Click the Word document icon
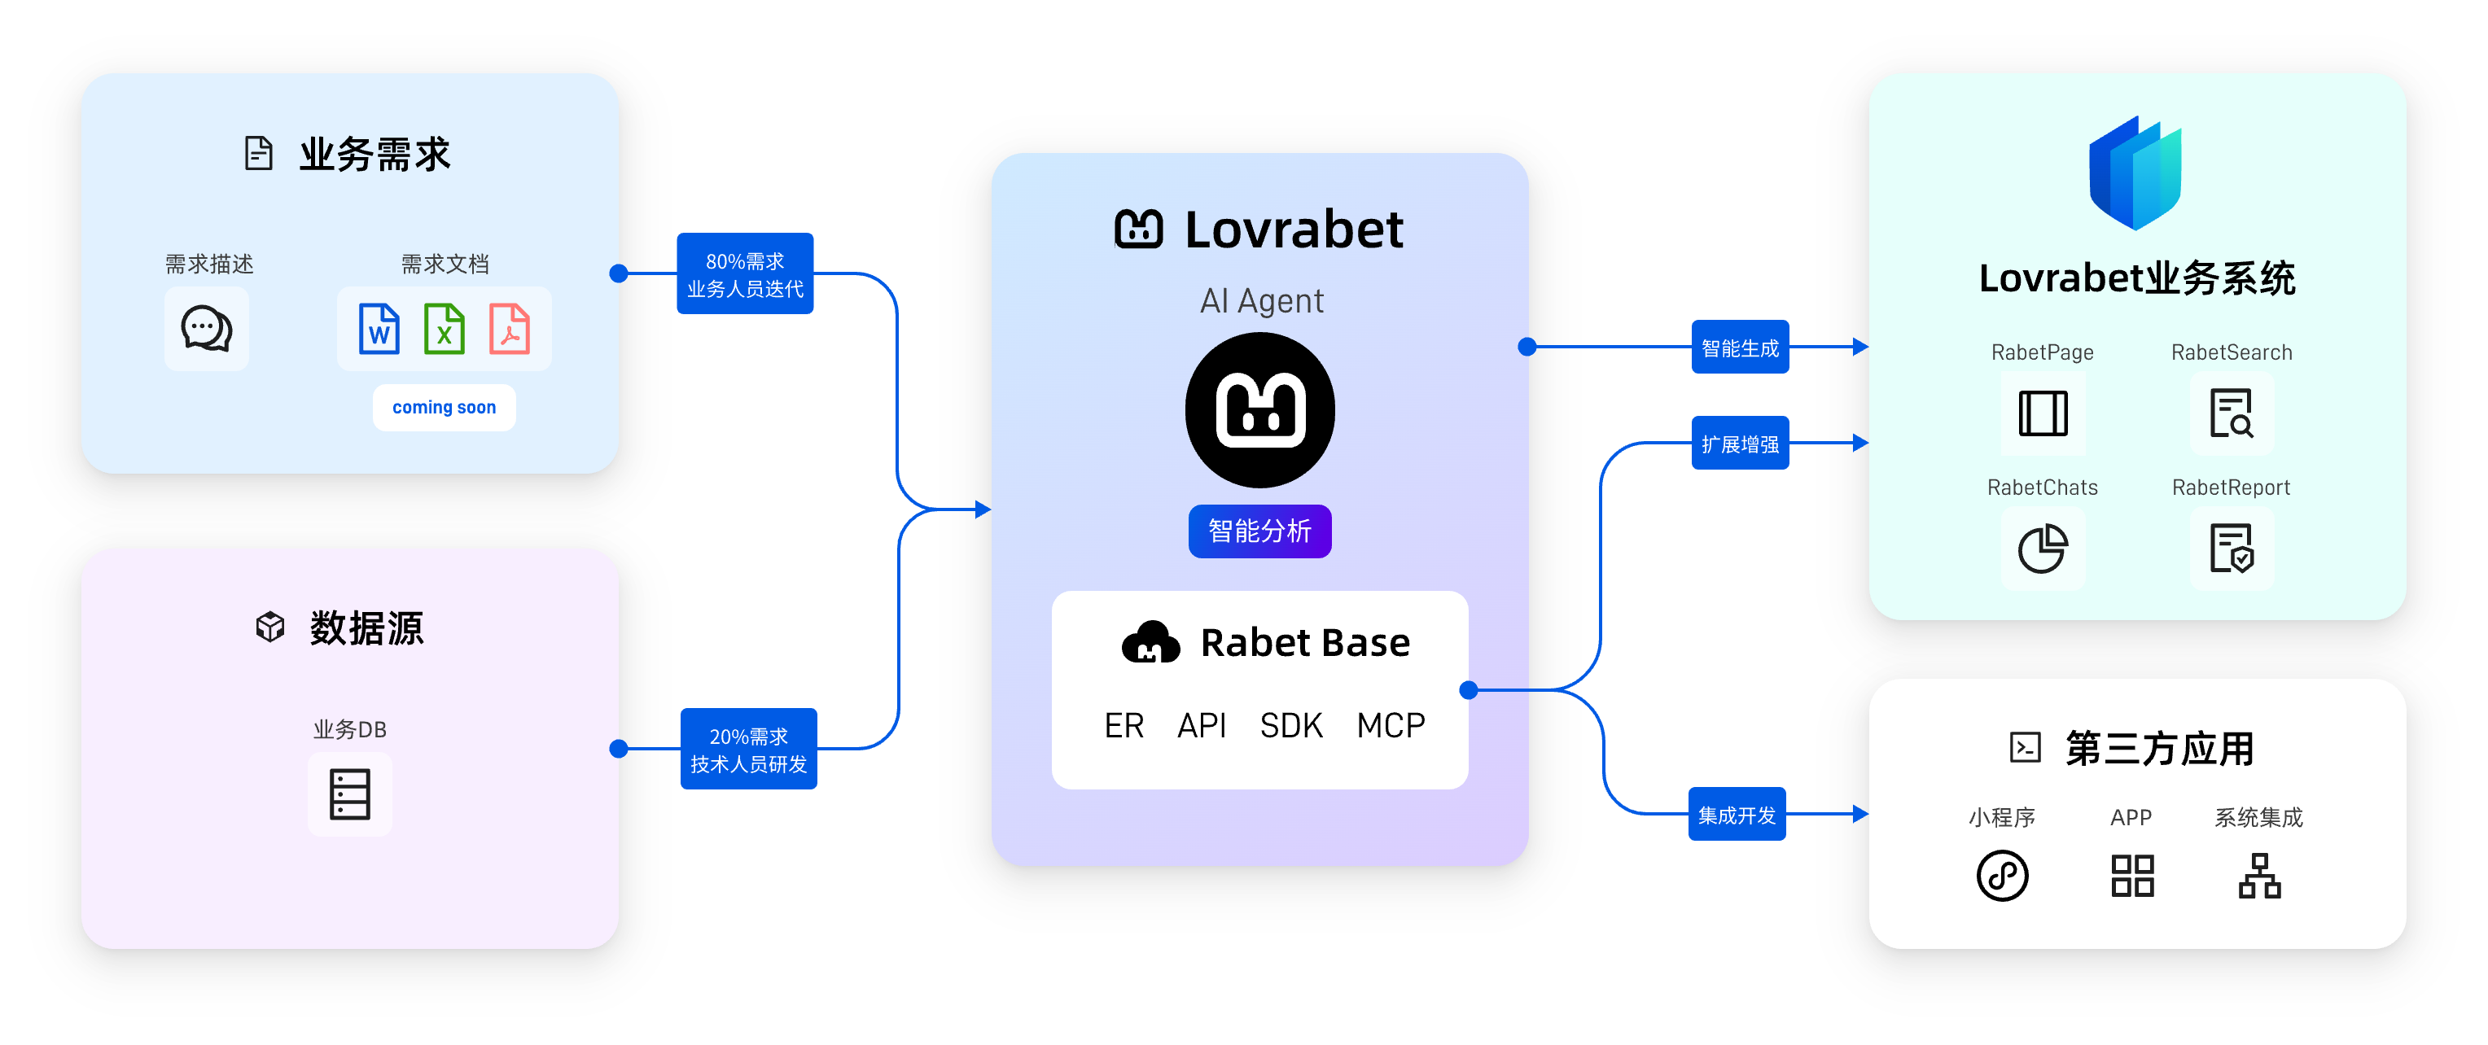[x=379, y=330]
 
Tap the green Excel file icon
[x=445, y=330]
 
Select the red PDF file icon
[x=509, y=330]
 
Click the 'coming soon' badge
[x=445, y=408]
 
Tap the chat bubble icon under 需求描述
[x=207, y=330]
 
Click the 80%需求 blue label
[x=745, y=274]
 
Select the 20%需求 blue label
[x=748, y=750]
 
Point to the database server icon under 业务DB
[x=349, y=794]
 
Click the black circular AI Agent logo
[x=1259, y=410]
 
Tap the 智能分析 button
[x=1259, y=531]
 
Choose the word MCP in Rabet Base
[x=1391, y=725]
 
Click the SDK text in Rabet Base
[x=1290, y=725]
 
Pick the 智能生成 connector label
[x=1740, y=348]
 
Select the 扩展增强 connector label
[x=1740, y=444]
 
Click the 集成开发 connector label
[x=1737, y=815]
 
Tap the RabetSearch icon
[x=2231, y=413]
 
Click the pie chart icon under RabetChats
[x=2043, y=549]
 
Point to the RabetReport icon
[x=2231, y=549]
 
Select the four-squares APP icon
[x=2132, y=876]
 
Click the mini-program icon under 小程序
[x=2002, y=876]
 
